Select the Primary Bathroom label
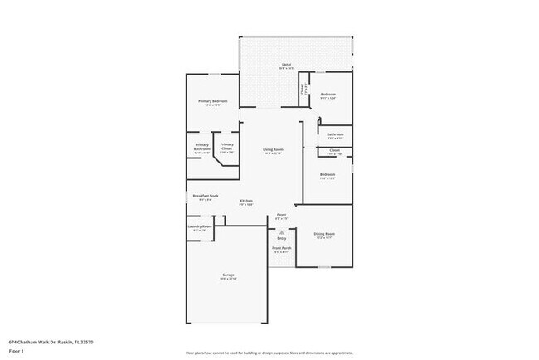pos(202,145)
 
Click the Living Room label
pos(273,149)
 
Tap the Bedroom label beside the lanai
pos(328,94)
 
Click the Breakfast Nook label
pos(205,196)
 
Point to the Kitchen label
pos(246,201)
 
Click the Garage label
pos(227,275)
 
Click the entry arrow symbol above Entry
pos(282,232)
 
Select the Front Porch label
pos(282,247)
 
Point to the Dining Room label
pos(324,234)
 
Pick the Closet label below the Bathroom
pos(334,150)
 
